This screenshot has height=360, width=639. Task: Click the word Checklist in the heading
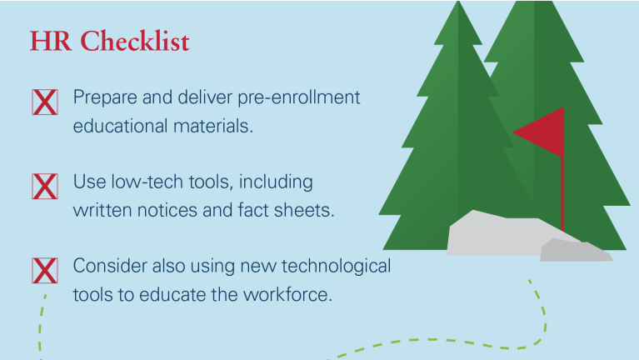(x=135, y=41)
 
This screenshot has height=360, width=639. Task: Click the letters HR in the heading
(x=50, y=41)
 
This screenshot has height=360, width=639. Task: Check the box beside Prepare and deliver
(x=45, y=102)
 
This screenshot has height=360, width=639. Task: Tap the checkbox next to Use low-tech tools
(x=45, y=187)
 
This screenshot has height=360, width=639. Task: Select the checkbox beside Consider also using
(x=45, y=270)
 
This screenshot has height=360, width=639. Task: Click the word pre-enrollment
(x=299, y=98)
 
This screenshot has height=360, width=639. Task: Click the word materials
(x=213, y=126)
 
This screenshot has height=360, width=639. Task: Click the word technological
(x=337, y=267)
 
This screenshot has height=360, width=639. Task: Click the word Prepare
(x=105, y=98)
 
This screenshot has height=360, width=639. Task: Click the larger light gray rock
(x=502, y=234)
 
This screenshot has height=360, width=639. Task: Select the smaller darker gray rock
(x=576, y=250)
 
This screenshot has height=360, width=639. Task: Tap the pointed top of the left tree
(x=458, y=2)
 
